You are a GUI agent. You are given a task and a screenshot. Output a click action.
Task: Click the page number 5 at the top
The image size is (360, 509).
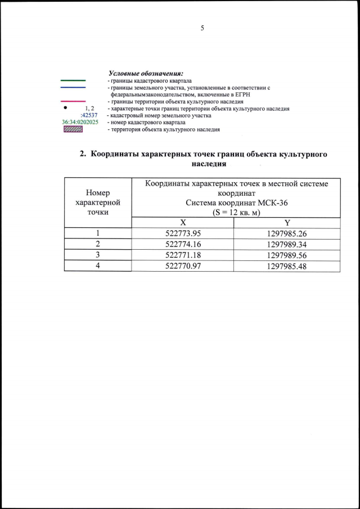pos(201,29)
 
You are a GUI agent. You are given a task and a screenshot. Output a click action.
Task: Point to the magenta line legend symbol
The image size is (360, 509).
pos(73,102)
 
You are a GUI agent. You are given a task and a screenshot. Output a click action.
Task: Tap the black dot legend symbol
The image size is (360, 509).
pos(65,107)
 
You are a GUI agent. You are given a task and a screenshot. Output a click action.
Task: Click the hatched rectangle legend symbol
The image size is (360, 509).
pos(73,129)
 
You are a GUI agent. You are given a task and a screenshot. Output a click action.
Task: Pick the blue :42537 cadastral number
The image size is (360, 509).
pos(82,115)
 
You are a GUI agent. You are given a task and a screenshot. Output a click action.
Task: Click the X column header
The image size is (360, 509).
pos(183,223)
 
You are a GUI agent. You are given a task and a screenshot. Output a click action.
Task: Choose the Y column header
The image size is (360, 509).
pos(287,223)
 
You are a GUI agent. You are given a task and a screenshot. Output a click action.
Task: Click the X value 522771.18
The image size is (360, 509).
pos(183,255)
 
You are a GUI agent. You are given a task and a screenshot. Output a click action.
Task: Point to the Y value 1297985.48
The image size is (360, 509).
pos(287,266)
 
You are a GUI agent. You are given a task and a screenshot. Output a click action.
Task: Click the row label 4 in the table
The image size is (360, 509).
pos(98,266)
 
